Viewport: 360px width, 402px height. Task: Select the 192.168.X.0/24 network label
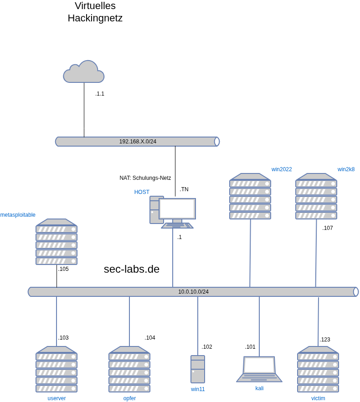pyautogui.click(x=138, y=142)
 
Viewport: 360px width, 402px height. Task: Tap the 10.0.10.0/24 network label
pyautogui.click(x=193, y=292)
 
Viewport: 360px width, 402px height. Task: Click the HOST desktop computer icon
pyautogui.click(x=173, y=212)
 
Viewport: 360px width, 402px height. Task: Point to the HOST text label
pyautogui.click(x=142, y=192)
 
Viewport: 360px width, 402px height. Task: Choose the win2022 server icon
pyautogui.click(x=250, y=196)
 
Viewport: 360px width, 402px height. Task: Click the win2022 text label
pyautogui.click(x=282, y=169)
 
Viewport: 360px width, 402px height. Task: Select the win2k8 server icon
pyautogui.click(x=316, y=196)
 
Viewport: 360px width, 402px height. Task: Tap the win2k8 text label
pyautogui.click(x=346, y=169)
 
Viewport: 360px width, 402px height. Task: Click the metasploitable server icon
pyautogui.click(x=57, y=242)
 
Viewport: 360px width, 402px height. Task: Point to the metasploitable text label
pyautogui.click(x=18, y=215)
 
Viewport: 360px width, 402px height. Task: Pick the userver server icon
pyautogui.click(x=57, y=369)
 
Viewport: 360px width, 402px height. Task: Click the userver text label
pyautogui.click(x=57, y=398)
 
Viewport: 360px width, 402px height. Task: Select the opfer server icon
pyautogui.click(x=129, y=369)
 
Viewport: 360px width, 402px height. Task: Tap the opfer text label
pyautogui.click(x=129, y=398)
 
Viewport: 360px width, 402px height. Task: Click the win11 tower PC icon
pyautogui.click(x=198, y=369)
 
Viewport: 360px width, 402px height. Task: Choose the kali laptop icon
pyautogui.click(x=259, y=369)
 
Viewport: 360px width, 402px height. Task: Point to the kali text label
pyautogui.click(x=259, y=388)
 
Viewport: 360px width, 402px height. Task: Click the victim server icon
pyautogui.click(x=318, y=369)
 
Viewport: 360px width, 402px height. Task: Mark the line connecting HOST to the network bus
pyautogui.click(x=173, y=257)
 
